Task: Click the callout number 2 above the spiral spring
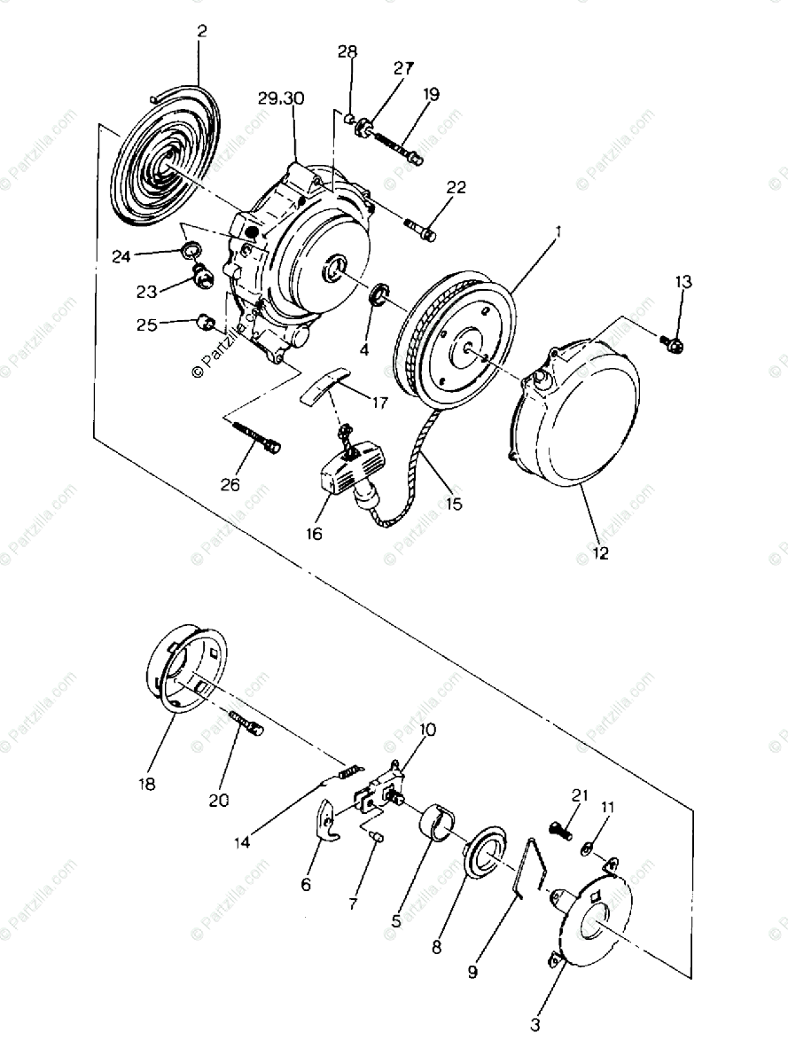202,31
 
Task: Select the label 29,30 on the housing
281,99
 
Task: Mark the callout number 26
230,484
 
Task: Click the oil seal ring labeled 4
379,295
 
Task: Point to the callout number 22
456,187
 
